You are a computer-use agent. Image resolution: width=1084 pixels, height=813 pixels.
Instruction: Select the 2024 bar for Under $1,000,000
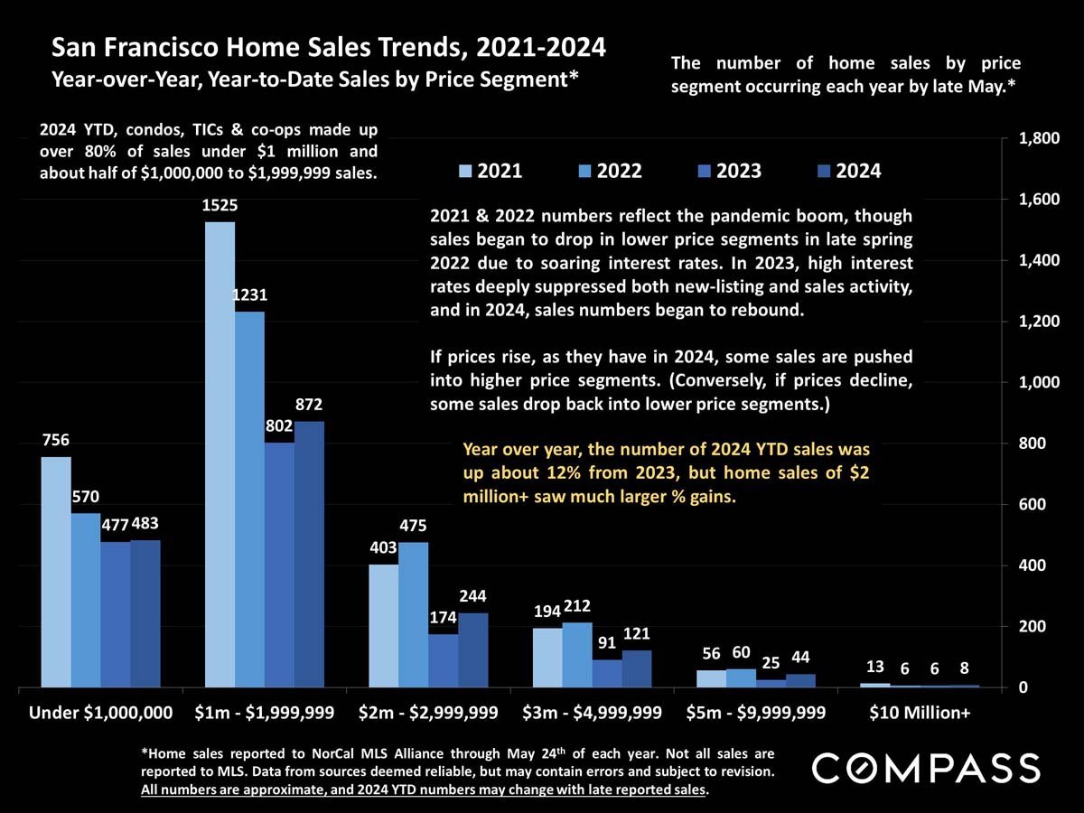coord(145,613)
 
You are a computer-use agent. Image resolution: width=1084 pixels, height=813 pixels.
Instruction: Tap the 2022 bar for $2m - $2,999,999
coord(414,614)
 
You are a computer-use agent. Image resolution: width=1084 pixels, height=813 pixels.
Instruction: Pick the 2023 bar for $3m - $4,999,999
coord(607,673)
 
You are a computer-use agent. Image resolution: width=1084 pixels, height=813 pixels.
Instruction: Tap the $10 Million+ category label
coord(920,713)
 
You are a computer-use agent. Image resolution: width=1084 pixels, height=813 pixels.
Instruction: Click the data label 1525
coord(220,206)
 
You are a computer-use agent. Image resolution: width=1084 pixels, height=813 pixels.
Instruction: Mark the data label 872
coord(309,405)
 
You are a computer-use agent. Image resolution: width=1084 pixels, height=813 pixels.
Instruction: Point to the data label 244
coord(473,596)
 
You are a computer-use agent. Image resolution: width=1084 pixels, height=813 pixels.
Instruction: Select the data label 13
coord(874,667)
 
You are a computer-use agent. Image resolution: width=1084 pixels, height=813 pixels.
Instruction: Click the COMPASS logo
coord(926,768)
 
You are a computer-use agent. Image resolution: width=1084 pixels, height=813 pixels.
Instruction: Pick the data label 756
coord(56,440)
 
